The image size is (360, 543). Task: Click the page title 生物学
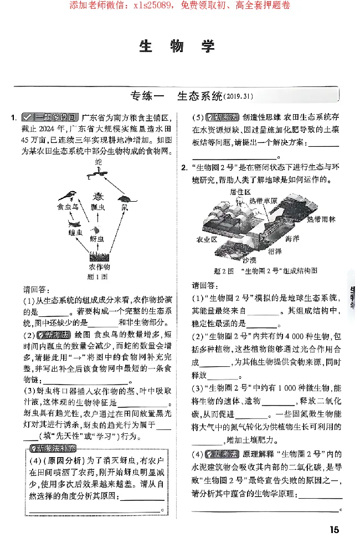(177, 47)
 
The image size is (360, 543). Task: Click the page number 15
(334, 530)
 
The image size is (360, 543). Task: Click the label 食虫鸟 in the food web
(67, 207)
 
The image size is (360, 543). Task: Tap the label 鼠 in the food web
(125, 207)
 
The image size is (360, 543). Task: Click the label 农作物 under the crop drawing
(100, 267)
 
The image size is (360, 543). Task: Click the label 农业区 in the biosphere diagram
(207, 240)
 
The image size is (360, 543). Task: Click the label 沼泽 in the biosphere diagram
(275, 251)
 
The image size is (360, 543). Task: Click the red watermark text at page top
(179, 6)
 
